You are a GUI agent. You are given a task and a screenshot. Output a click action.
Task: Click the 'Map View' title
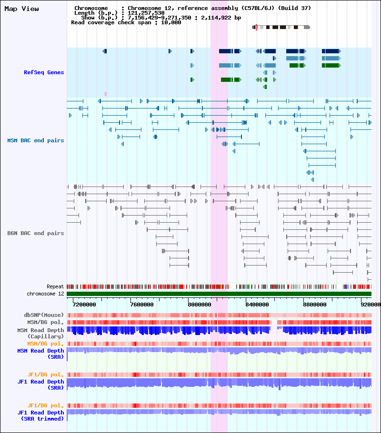(x=21, y=9)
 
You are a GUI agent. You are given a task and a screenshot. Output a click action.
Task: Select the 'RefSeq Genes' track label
(x=44, y=72)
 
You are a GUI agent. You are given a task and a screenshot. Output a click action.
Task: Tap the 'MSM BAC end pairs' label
(x=35, y=140)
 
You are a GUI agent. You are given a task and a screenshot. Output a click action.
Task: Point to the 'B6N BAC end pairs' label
(x=35, y=233)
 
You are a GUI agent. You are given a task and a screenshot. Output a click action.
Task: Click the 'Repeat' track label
(x=55, y=286)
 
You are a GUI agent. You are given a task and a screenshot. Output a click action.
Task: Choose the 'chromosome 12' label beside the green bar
(x=45, y=294)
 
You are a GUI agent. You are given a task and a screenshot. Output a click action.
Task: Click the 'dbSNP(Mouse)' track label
(x=44, y=315)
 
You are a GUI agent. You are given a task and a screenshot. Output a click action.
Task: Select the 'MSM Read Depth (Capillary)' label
(x=40, y=333)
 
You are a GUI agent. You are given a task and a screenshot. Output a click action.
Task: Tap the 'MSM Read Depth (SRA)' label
(x=40, y=354)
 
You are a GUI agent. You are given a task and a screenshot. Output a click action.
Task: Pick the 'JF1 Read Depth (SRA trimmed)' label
(x=40, y=415)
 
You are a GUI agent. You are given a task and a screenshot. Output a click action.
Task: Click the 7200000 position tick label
(x=84, y=305)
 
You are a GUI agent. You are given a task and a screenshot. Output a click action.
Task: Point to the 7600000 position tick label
(x=142, y=305)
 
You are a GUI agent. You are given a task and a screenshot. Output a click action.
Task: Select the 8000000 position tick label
(x=200, y=305)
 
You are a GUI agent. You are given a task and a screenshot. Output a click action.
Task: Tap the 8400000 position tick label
(x=257, y=305)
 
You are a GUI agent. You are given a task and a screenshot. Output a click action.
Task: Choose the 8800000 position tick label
(x=315, y=305)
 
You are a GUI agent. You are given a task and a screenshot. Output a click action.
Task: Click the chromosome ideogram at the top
(x=281, y=27)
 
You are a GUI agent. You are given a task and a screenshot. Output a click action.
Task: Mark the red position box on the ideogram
(x=256, y=27)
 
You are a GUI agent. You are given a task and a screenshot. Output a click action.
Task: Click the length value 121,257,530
(x=146, y=13)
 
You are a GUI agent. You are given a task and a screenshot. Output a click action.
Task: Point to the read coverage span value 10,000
(x=171, y=22)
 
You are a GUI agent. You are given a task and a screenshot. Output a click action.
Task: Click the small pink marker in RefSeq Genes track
(x=106, y=94)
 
